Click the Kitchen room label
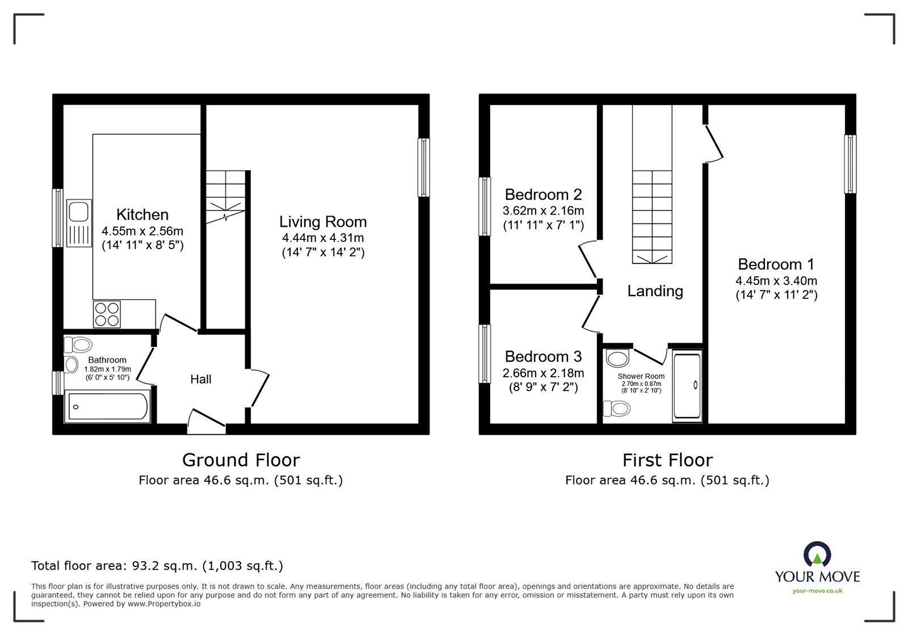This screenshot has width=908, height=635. [x=142, y=215]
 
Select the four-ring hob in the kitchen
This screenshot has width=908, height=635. [x=107, y=314]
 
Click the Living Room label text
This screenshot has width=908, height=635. [x=323, y=222]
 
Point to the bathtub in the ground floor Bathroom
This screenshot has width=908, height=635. [x=108, y=406]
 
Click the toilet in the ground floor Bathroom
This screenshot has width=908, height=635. [x=78, y=344]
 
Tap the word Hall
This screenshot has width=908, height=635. [x=201, y=379]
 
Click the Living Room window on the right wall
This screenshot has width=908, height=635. [x=424, y=167]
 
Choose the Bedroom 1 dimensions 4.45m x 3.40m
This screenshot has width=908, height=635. [x=776, y=280]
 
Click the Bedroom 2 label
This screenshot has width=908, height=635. [x=543, y=195]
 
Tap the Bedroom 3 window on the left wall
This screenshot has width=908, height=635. [x=485, y=354]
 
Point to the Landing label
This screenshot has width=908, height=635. [x=655, y=291]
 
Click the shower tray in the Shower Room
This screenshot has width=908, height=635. [x=687, y=386]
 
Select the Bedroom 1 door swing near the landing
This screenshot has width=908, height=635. [x=713, y=144]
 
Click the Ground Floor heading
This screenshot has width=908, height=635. [x=241, y=460]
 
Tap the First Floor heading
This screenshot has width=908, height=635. [x=667, y=460]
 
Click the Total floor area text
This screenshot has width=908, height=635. [x=157, y=566]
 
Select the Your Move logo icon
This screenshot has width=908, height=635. [x=817, y=555]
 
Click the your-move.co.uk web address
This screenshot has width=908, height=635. [x=817, y=591]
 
